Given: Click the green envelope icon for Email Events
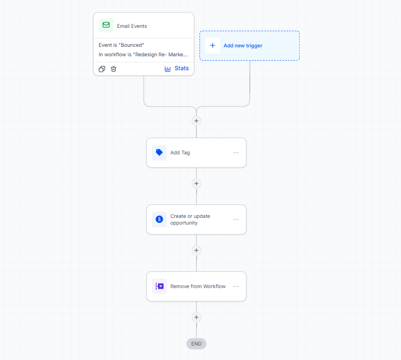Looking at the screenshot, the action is click(106, 25).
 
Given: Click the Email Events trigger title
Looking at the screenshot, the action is click(131, 26).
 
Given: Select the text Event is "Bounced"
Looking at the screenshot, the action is click(121, 45).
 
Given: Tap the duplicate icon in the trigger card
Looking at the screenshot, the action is click(102, 69).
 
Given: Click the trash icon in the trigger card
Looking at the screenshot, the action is click(114, 69).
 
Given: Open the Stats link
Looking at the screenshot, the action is click(182, 69).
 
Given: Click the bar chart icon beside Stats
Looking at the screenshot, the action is click(168, 69).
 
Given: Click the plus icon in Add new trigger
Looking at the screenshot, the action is click(212, 46).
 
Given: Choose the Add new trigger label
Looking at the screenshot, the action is click(243, 46).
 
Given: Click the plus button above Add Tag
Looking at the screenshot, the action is click(196, 121).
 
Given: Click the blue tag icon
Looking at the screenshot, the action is click(159, 153).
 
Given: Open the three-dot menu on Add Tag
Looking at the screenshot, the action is click(236, 153).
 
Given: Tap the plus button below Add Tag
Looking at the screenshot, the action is click(196, 183).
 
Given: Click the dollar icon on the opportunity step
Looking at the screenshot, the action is click(159, 219).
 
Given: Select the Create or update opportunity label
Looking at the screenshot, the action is click(190, 220).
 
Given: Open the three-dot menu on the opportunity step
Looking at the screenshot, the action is click(236, 219).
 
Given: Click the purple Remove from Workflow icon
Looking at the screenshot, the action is click(159, 286).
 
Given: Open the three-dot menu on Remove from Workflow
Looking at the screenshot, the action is click(236, 286).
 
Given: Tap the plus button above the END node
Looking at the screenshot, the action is click(196, 317).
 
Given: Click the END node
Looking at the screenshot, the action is click(196, 344).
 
